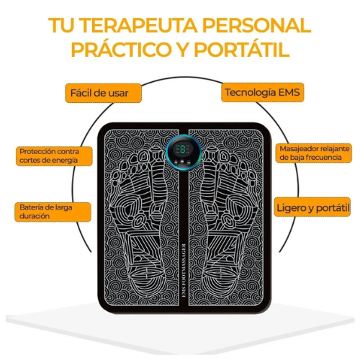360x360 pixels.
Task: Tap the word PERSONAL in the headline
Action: [256, 25]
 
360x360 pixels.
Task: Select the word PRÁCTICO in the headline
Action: [120, 50]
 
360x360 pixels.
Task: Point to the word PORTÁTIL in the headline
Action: [242, 50]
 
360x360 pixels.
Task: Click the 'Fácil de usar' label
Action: [104, 93]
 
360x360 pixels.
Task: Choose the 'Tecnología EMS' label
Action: [263, 92]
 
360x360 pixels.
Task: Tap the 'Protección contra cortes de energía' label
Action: [54, 156]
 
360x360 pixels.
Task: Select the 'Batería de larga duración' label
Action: [53, 212]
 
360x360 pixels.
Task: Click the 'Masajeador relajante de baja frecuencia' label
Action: [314, 153]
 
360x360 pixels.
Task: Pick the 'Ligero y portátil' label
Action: [312, 207]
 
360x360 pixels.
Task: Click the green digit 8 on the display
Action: [183, 150]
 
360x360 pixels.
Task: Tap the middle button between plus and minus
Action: [182, 162]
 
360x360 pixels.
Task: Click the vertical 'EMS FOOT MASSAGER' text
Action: [184, 271]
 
